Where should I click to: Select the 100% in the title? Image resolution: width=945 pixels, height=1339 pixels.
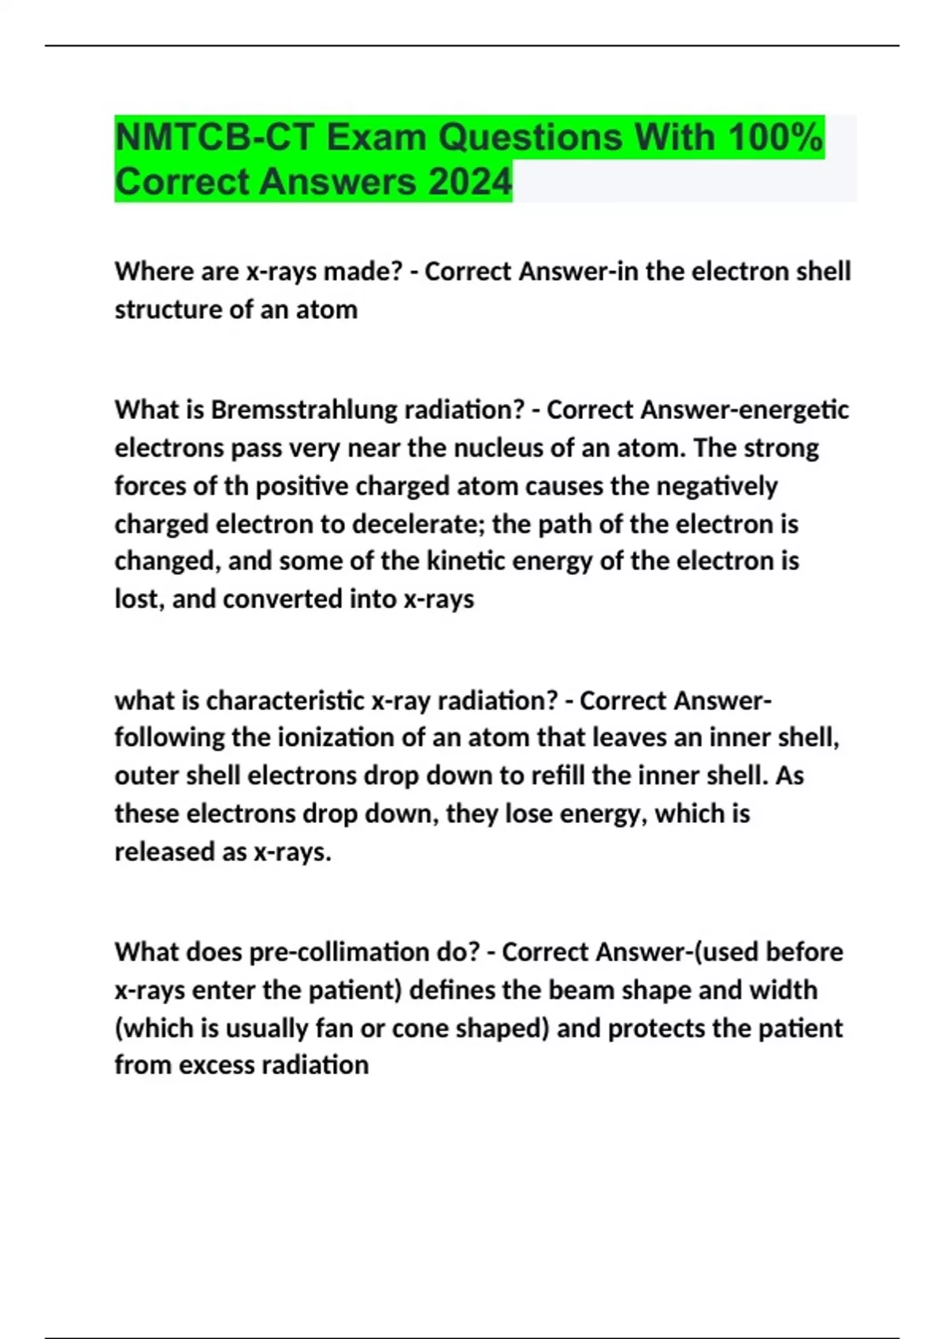[775, 138]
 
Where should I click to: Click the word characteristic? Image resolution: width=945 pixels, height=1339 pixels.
[284, 700]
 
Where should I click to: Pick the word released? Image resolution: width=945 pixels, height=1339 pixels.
[162, 851]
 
